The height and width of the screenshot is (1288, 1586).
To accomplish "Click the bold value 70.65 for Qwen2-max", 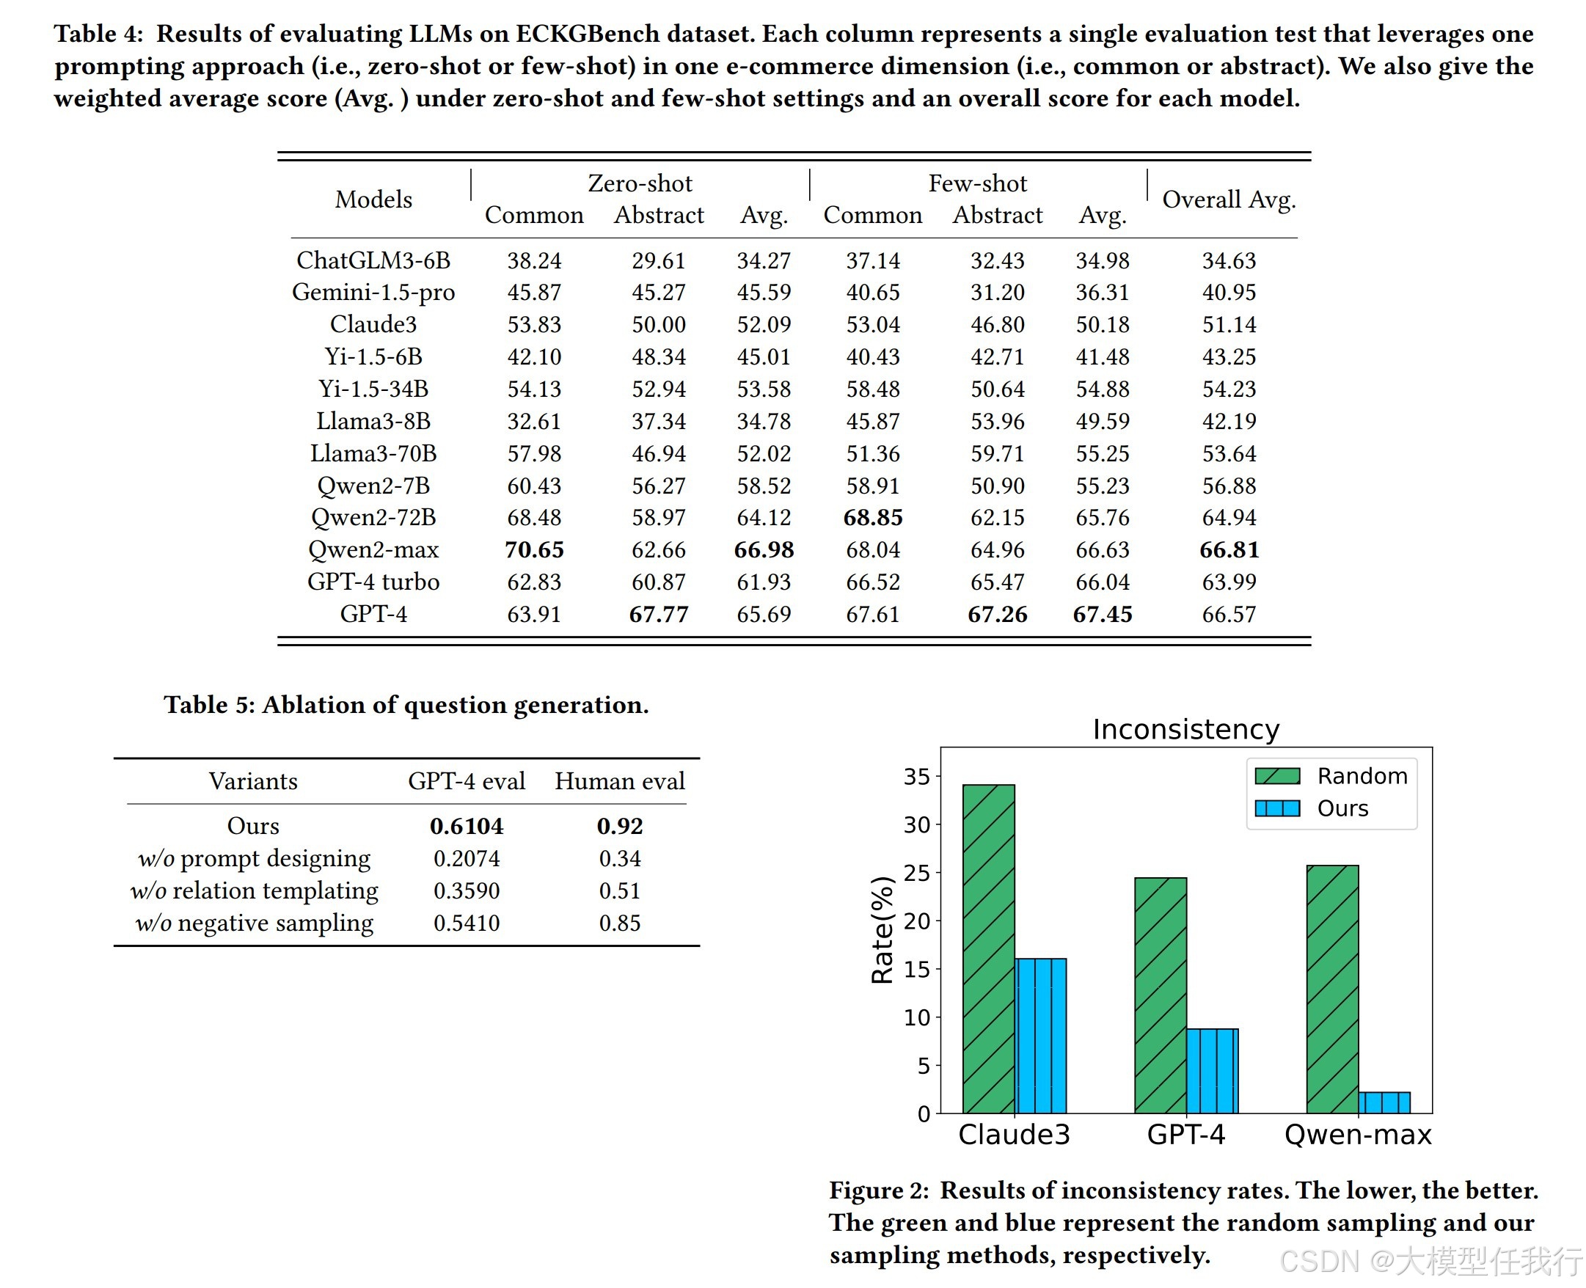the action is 533,550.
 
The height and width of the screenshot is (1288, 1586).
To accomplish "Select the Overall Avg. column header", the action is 1228,200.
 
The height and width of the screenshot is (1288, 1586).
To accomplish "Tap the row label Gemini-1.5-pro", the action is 373,293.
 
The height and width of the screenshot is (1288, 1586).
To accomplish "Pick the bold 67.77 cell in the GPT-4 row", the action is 658,615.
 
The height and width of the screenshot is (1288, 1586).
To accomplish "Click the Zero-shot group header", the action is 640,183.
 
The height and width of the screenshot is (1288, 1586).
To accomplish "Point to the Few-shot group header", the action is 977,183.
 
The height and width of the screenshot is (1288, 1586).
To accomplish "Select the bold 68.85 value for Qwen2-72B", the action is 873,517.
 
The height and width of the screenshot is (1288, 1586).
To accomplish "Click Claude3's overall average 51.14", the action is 1229,324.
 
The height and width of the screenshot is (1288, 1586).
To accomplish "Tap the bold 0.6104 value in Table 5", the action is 467,826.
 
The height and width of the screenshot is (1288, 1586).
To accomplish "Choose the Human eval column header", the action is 620,781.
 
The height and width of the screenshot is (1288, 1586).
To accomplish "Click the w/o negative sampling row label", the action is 254,923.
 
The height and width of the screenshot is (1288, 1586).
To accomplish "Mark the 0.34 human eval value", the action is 620,858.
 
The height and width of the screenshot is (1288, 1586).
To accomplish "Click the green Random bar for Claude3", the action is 989,949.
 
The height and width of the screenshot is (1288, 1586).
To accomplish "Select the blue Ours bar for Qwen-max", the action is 1384,1102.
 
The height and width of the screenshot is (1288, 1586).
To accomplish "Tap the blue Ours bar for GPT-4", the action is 1212,1072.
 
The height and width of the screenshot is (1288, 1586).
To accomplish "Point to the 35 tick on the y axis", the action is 916,777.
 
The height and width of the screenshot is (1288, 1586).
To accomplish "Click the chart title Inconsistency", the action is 1186,729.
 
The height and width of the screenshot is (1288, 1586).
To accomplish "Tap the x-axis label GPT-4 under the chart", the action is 1186,1135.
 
